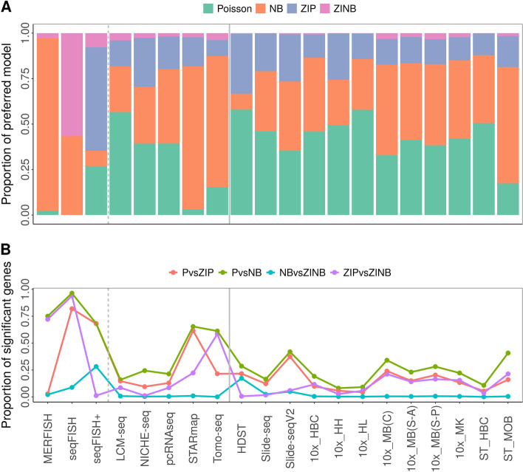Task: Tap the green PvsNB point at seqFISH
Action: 72,293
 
